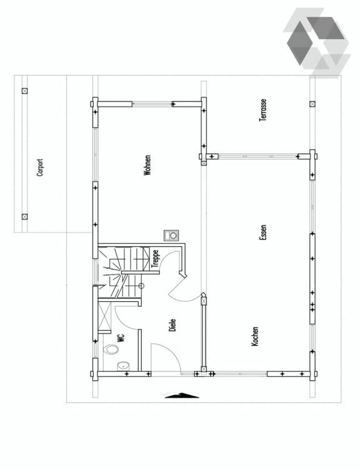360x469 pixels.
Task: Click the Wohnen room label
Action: point(147,165)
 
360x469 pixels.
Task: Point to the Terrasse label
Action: point(264,109)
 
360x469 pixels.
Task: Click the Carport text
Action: point(40,167)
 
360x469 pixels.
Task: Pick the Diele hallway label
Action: point(172,325)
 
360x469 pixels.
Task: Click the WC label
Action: point(121,338)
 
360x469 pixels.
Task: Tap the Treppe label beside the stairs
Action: point(155,258)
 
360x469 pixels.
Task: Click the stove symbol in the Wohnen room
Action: point(170,235)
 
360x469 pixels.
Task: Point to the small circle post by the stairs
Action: point(141,286)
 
